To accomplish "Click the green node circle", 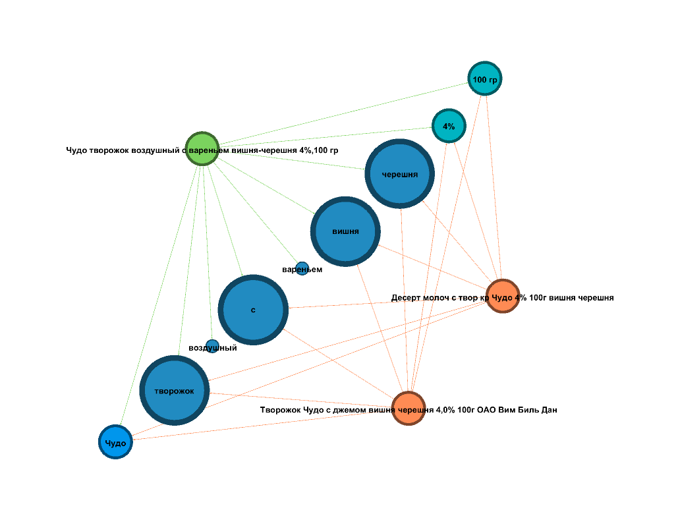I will click(202, 149).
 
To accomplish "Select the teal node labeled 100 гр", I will click(485, 78).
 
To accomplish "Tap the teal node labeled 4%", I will click(449, 125).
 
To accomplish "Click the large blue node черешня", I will click(400, 174).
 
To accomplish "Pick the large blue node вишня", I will click(345, 231).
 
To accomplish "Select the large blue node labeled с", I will click(253, 310).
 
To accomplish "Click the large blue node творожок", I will click(175, 390).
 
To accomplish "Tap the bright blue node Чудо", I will click(116, 442).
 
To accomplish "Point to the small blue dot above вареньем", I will click(302, 268).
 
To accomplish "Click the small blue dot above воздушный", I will click(212, 346).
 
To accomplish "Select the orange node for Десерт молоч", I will click(503, 296).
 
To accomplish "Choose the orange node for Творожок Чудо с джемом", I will click(409, 409).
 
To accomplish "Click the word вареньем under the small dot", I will click(302, 270).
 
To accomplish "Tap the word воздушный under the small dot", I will click(213, 348).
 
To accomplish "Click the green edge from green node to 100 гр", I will click(343, 114).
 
